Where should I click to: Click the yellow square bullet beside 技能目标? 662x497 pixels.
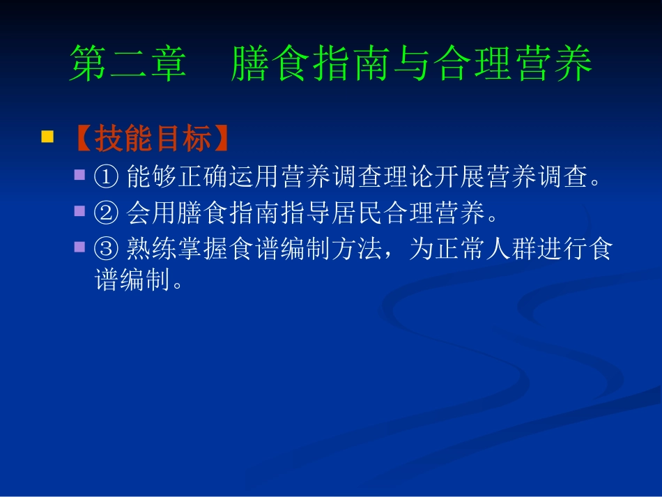click(x=47, y=137)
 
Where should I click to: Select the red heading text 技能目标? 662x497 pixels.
click(x=153, y=139)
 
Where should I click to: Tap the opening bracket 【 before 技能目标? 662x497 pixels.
click(x=79, y=139)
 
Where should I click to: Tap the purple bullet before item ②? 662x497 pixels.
click(x=80, y=211)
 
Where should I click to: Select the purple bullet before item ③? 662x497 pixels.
click(x=80, y=246)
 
